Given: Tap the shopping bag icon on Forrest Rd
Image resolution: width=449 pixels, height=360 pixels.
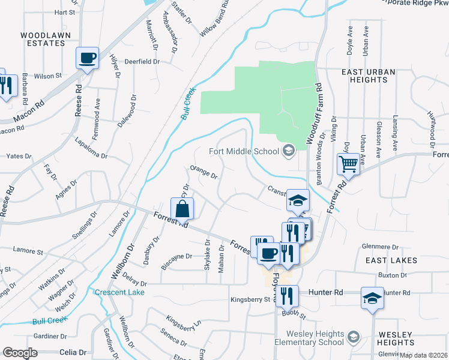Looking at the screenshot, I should (182, 210).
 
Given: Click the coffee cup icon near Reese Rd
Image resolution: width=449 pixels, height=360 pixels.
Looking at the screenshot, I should (88, 58).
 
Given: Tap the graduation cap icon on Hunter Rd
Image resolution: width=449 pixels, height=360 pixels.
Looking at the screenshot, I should (372, 298).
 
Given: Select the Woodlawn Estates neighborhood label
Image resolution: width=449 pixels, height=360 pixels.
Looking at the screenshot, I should (42, 39).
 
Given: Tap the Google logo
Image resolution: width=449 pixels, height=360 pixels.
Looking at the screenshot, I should (20, 352).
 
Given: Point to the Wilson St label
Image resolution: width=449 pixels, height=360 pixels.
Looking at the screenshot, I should (48, 76).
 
